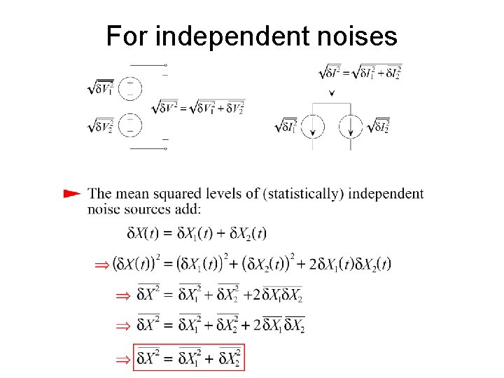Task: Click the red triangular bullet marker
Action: [71, 192]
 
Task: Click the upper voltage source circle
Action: [131, 89]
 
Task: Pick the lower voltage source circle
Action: [131, 125]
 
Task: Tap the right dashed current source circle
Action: [351, 127]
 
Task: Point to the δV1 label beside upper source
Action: [101, 88]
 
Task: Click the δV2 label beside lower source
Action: [101, 125]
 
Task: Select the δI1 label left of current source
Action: [287, 127]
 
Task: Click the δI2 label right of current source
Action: [379, 127]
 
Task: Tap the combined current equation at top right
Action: [360, 72]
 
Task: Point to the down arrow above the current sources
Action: [332, 92]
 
